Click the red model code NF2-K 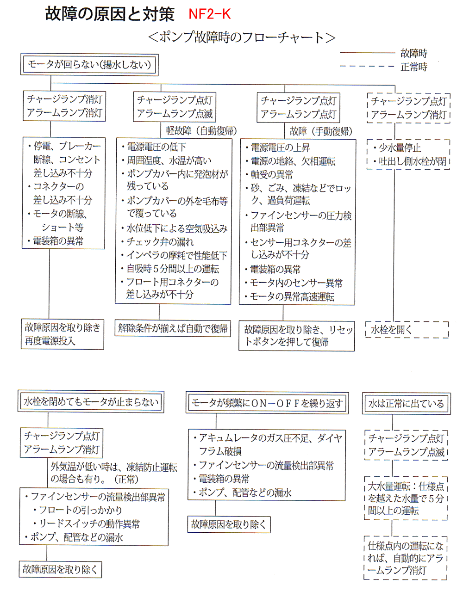click(209, 14)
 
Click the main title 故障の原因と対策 click(110, 14)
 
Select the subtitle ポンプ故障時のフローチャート click(241, 37)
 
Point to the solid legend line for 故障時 click(368, 54)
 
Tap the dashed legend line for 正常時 click(368, 67)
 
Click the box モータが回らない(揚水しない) click(89, 64)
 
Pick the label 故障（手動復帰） click(321, 131)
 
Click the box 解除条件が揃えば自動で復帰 click(173, 328)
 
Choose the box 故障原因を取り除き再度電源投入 click(63, 334)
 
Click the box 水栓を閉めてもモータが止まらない click(91, 401)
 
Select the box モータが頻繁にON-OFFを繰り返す click(267, 403)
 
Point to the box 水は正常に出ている click(406, 404)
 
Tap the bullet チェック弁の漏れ click(160, 241)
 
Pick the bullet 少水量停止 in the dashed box click(400, 148)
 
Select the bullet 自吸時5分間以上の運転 click(173, 269)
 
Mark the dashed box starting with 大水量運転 click(406, 498)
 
